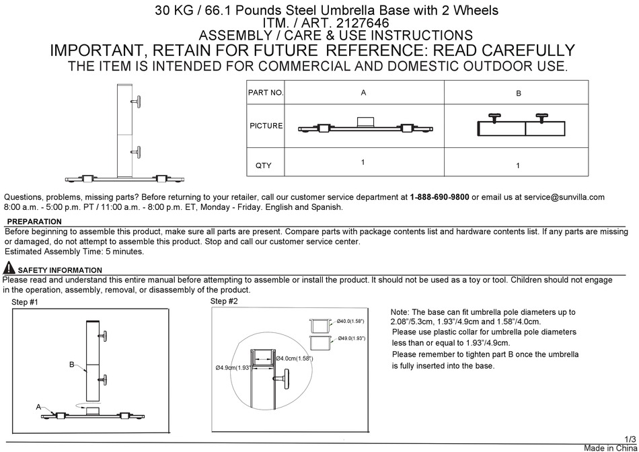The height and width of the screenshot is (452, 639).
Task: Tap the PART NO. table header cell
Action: (266, 93)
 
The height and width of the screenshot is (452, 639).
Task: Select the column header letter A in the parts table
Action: (363, 93)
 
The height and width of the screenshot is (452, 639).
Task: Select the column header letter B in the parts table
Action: (518, 93)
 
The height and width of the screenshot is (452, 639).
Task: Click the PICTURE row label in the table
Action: (266, 126)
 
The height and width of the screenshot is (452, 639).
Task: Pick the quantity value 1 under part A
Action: (363, 162)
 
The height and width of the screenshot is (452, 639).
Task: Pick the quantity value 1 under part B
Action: (518, 165)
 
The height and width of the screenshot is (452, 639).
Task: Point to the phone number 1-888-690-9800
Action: (439, 197)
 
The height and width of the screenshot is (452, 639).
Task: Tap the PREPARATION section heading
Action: (34, 221)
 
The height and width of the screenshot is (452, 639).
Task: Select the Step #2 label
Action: (224, 301)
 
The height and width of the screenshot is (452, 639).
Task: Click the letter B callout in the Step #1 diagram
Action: (71, 364)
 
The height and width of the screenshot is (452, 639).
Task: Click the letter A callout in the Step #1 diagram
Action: (39, 406)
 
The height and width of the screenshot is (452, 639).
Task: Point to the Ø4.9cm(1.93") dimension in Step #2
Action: (233, 367)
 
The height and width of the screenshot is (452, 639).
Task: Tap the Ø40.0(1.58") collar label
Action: (350, 321)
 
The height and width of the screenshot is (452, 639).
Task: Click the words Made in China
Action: (609, 447)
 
